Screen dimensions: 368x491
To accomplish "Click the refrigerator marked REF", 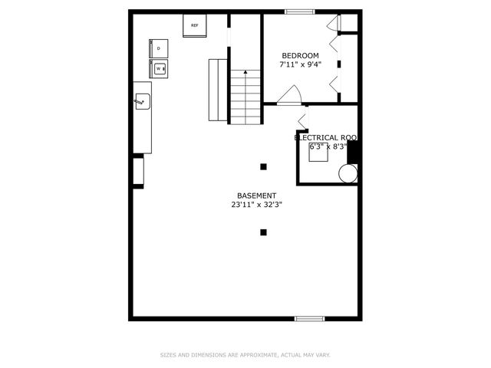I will (x=194, y=26).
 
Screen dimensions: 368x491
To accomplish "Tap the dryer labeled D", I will (x=159, y=48).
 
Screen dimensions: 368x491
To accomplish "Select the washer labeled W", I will (x=160, y=69).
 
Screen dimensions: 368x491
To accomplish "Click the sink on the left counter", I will (x=142, y=100).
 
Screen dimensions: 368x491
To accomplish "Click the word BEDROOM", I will (x=300, y=55).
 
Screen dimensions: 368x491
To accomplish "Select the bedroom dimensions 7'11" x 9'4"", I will (x=300, y=64).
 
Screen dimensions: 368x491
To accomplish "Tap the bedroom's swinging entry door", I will (x=290, y=95).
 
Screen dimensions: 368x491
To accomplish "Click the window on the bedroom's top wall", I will (x=296, y=11).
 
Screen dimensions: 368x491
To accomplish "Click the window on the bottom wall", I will (x=310, y=318).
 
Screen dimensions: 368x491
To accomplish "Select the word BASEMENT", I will (x=256, y=195).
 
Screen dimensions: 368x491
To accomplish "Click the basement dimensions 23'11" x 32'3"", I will (x=256, y=205).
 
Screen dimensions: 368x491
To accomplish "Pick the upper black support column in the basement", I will (x=263, y=166).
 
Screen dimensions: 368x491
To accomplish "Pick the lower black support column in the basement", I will (x=263, y=232).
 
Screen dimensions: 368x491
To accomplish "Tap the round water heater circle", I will (x=348, y=174).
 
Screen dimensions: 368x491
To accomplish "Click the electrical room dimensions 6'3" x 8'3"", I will (x=328, y=146).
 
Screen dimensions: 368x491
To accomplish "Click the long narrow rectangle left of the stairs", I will (x=217, y=90).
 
